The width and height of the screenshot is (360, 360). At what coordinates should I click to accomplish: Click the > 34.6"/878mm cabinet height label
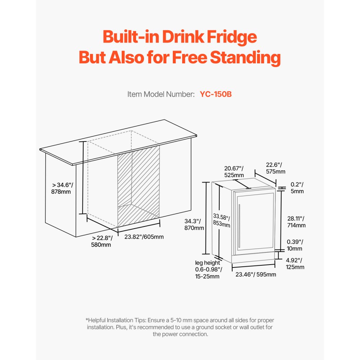click(62, 188)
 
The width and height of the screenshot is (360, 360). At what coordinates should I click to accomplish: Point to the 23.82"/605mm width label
click(144, 237)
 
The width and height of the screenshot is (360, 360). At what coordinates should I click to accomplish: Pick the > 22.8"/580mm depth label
click(102, 241)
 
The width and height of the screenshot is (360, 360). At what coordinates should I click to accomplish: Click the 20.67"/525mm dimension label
click(234, 172)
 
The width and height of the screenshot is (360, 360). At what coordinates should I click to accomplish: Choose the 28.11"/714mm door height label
click(297, 222)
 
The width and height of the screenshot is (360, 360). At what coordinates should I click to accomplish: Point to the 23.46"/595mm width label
click(256, 275)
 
